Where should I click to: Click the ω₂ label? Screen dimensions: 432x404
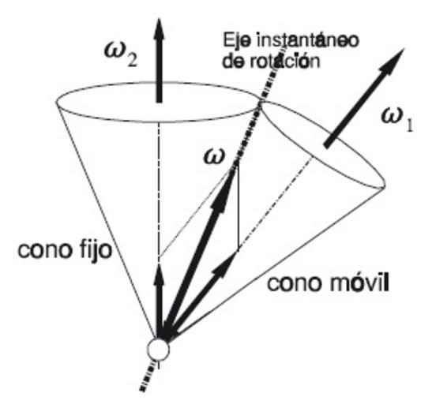coord(120,54)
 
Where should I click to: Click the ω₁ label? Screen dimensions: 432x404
coord(397,121)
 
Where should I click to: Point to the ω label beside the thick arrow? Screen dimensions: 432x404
coord(214,157)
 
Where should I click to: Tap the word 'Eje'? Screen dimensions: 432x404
coord(237,41)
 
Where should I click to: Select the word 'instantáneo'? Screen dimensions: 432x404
coord(308,40)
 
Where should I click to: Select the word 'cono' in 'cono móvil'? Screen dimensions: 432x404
coord(296,284)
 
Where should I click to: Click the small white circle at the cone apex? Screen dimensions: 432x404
coord(158,350)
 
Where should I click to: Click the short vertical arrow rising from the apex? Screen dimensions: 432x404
coord(159,301)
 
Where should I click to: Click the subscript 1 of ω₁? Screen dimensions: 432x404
coord(409,126)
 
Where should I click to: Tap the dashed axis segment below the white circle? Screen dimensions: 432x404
coord(147,376)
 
